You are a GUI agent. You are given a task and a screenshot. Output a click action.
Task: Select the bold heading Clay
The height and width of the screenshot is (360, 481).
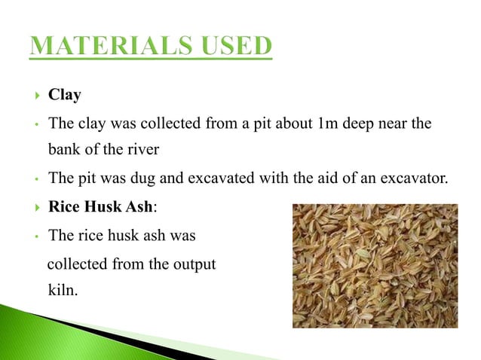(x=64, y=95)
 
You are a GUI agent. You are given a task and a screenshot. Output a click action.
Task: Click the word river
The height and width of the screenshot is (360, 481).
(x=141, y=149)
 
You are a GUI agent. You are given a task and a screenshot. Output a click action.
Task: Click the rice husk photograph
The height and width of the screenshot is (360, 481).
(x=374, y=265)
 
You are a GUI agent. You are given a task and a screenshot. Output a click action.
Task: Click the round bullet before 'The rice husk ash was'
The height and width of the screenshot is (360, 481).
(x=35, y=236)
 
